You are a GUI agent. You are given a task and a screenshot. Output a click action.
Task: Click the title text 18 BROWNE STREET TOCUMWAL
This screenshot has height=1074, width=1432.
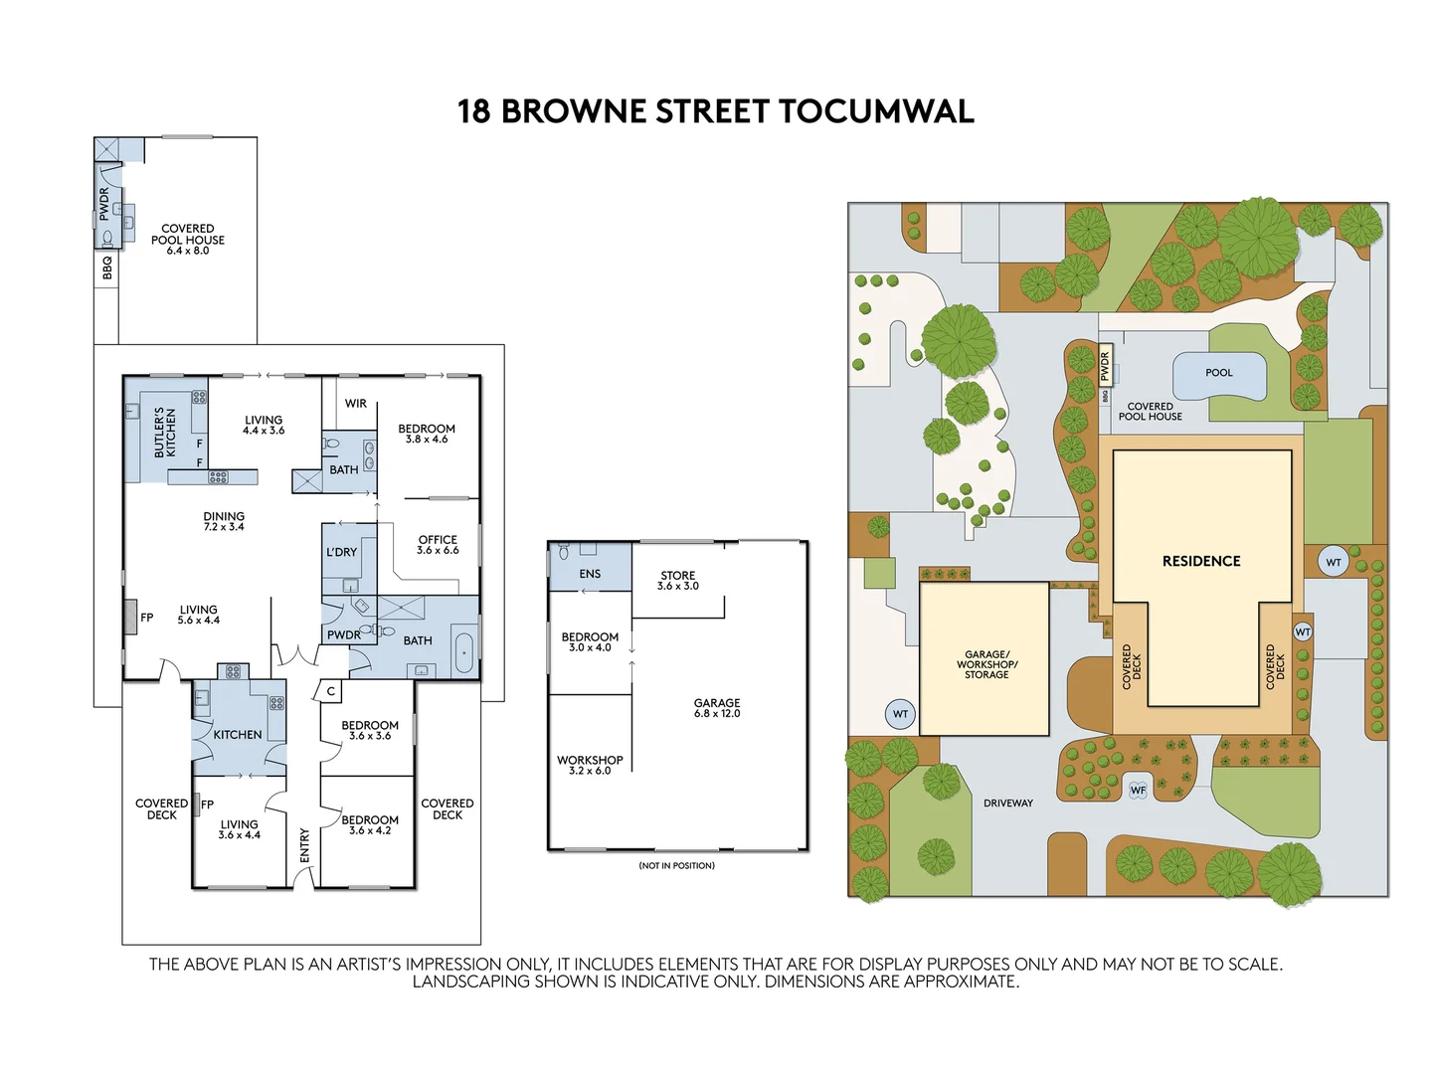(x=715, y=110)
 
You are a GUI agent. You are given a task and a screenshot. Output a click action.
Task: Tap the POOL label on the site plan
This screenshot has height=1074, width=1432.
(x=1218, y=373)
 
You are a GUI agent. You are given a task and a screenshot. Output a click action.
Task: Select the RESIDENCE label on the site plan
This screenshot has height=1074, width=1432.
(x=1201, y=561)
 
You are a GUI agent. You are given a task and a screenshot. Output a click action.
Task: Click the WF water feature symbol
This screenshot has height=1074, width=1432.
(x=1138, y=790)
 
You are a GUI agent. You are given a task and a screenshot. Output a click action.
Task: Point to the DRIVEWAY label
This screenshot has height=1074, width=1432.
(x=1007, y=803)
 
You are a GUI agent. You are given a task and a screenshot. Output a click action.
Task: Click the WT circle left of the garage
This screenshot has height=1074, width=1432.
(x=900, y=714)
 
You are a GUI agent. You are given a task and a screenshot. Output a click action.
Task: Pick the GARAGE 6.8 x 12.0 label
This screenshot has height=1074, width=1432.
(x=717, y=708)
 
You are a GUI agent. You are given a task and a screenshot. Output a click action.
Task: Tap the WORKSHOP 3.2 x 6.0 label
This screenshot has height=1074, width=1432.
(x=590, y=765)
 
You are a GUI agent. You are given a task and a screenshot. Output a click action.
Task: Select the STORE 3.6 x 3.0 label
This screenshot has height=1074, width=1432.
(x=678, y=580)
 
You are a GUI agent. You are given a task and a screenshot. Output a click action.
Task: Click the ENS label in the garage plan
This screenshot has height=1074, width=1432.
(x=590, y=574)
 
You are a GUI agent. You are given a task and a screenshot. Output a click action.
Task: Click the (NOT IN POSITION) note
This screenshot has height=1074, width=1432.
(x=676, y=865)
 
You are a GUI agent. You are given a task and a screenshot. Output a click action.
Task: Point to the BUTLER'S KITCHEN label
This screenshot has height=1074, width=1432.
(x=165, y=432)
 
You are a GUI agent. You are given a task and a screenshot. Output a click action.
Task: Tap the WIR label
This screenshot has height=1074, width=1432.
(x=356, y=404)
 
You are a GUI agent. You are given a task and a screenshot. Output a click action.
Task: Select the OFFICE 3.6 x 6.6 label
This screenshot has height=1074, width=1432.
(x=438, y=544)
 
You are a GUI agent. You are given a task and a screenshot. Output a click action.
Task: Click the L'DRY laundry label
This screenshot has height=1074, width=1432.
(x=341, y=552)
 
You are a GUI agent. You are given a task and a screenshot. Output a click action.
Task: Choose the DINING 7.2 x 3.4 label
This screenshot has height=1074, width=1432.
(x=224, y=521)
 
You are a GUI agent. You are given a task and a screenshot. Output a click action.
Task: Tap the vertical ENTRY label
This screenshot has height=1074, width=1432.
(x=304, y=845)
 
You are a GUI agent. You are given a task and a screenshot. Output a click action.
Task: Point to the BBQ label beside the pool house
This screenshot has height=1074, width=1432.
(x=107, y=268)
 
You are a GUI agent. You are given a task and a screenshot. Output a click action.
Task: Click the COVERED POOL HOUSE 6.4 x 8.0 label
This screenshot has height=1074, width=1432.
(x=188, y=239)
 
